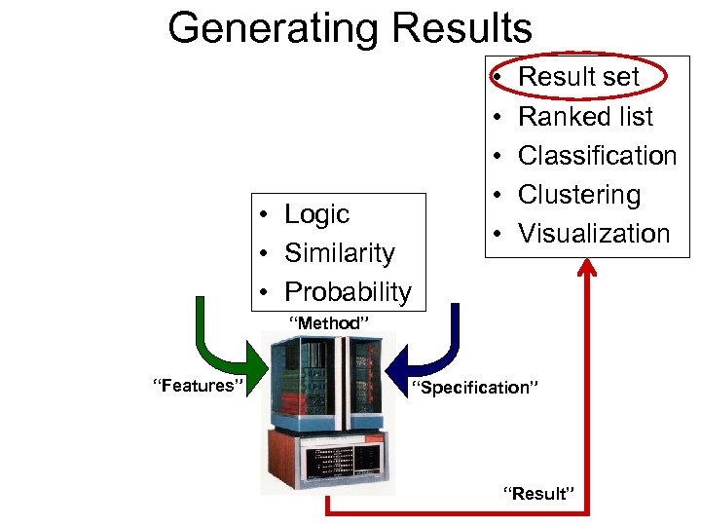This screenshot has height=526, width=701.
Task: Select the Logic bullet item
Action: point(316,214)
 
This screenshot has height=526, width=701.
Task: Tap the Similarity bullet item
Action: point(339,253)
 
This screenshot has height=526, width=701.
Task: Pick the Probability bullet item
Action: point(348,291)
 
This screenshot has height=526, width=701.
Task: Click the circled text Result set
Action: point(578,77)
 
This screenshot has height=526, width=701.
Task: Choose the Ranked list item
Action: point(585,117)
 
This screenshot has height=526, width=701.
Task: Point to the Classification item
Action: point(597,156)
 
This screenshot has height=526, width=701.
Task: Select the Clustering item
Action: point(579,195)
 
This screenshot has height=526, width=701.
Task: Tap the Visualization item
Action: point(594,234)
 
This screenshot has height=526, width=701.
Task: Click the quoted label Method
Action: point(328,322)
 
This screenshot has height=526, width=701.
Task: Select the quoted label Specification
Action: point(474,388)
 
